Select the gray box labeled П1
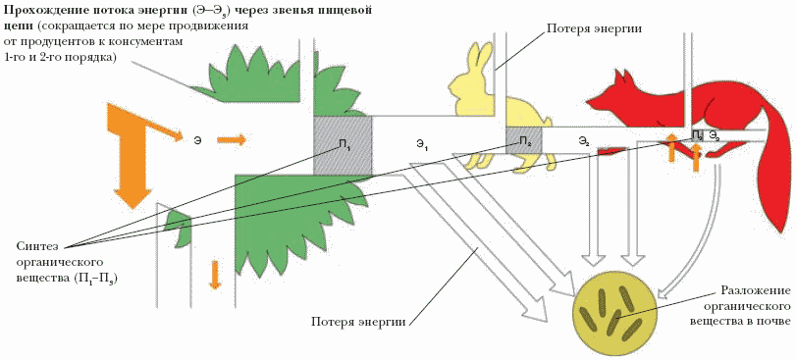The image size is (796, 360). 343,145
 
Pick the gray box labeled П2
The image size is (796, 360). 524,140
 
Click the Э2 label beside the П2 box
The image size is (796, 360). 584,141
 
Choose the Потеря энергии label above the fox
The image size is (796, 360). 594,27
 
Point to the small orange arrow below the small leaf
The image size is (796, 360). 215,275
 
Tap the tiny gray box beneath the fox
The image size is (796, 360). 697,134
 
